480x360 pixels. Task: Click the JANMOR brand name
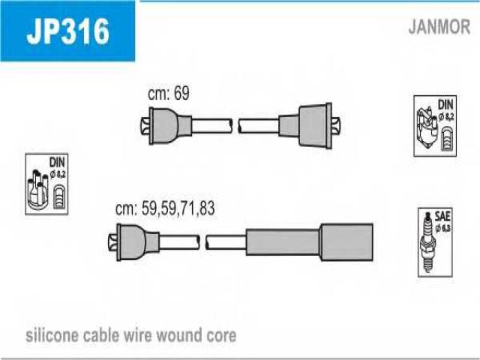(439, 28)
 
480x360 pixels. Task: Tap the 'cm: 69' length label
(169, 94)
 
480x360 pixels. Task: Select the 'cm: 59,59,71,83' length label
(165, 209)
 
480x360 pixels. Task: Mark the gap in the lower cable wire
(202, 241)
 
